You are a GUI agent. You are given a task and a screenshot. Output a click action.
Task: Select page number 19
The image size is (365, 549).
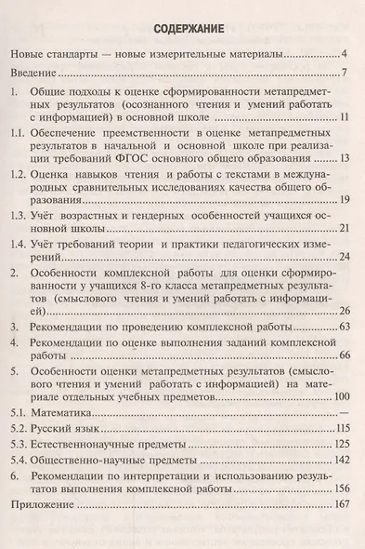[342, 201]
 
